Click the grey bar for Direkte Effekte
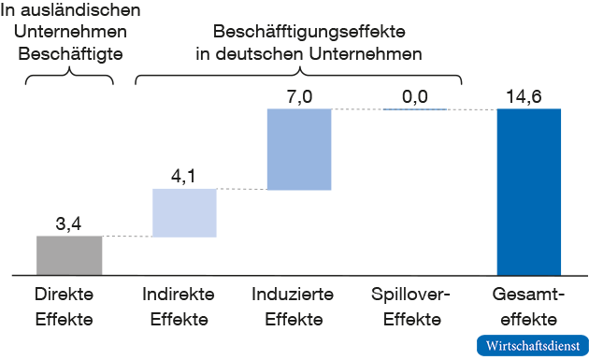click(x=69, y=254)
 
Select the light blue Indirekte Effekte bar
click(x=184, y=213)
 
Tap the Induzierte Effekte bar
click(x=299, y=150)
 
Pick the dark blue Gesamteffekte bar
click(x=529, y=192)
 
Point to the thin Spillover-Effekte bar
click(x=414, y=109)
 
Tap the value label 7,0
click(x=299, y=96)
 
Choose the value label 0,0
click(x=414, y=96)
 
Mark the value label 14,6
click(x=529, y=96)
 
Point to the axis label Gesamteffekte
click(x=529, y=307)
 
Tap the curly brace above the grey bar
click(x=68, y=77)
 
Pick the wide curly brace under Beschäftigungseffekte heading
click(x=299, y=75)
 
